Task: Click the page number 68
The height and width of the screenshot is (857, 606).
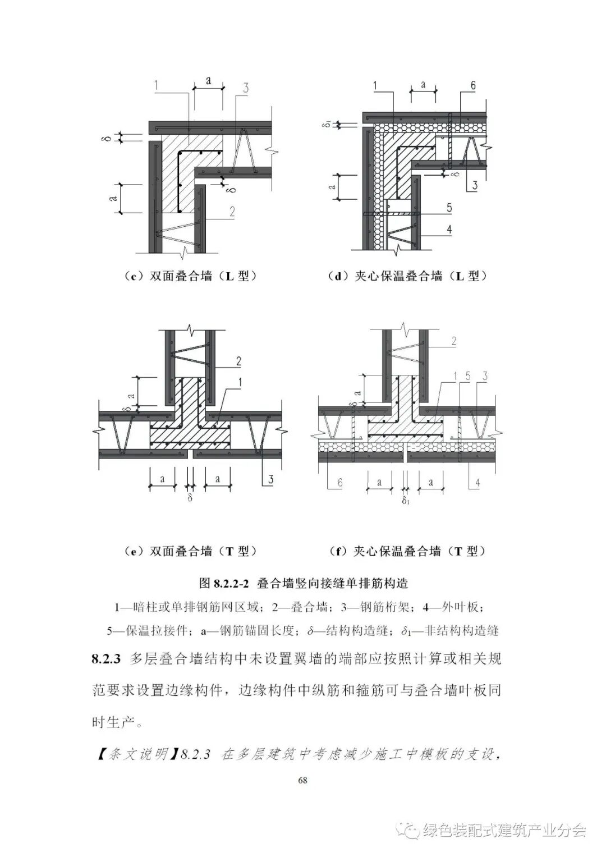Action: tap(303, 780)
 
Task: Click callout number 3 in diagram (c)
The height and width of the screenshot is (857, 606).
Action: tap(246, 88)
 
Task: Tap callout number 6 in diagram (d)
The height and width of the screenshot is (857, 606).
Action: tap(472, 85)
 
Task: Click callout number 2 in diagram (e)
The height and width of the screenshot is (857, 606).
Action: tap(238, 361)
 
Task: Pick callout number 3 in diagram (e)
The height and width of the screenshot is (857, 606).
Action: tap(270, 479)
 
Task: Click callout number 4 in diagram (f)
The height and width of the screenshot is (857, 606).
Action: tap(477, 482)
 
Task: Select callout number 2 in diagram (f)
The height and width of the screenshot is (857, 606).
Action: tap(453, 341)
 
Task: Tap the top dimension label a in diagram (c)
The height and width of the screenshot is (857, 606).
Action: tap(208, 80)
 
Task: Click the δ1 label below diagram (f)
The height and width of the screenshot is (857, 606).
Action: tap(406, 500)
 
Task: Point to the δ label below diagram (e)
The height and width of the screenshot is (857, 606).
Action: tap(190, 497)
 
